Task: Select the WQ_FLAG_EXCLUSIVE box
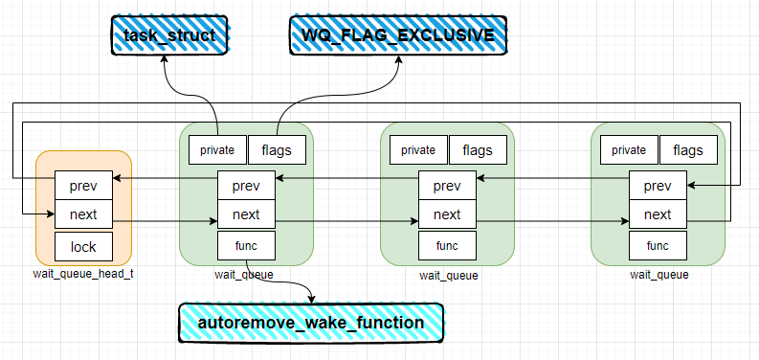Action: (x=398, y=35)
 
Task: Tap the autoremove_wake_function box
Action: (x=311, y=323)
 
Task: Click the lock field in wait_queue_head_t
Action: (x=83, y=247)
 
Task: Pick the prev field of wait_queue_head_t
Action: (x=83, y=182)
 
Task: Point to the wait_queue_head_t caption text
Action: (x=82, y=275)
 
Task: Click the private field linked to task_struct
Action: (x=217, y=149)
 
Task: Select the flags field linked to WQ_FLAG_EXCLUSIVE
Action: (x=277, y=149)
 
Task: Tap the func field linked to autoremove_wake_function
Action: (x=246, y=245)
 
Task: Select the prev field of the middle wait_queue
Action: (x=447, y=184)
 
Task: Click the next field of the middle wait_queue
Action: (x=447, y=214)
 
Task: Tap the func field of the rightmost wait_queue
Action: (x=658, y=245)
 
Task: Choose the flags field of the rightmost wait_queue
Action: (x=688, y=149)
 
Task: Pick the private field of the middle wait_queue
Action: (x=418, y=149)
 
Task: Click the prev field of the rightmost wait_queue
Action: (x=658, y=184)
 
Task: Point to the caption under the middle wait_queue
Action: (x=448, y=275)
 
